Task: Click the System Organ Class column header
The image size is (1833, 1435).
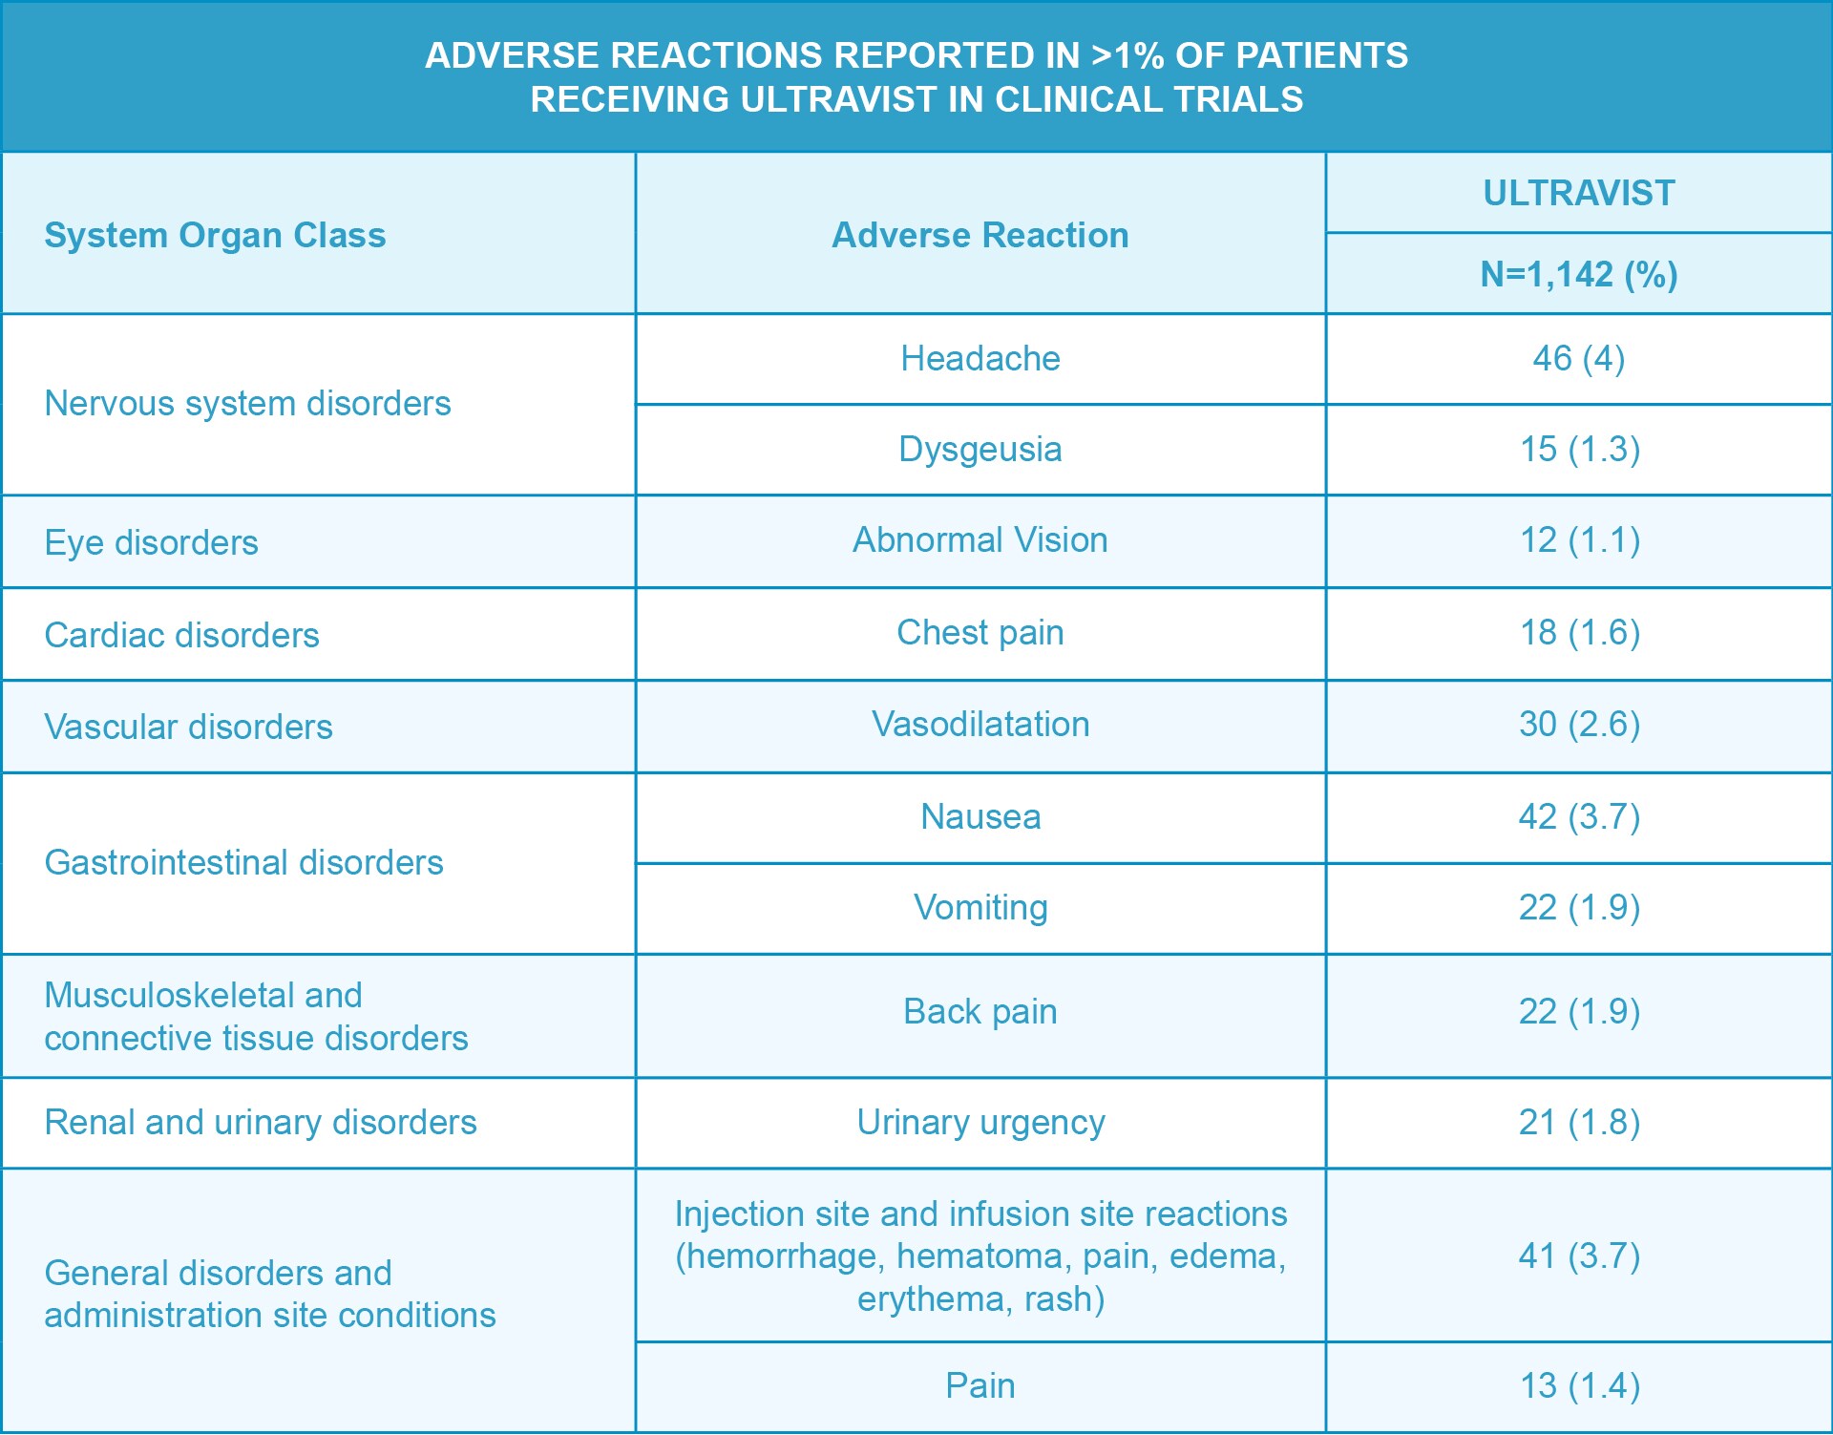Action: coord(215,235)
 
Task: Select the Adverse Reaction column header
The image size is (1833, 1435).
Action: coord(980,235)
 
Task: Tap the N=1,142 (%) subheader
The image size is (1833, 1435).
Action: coord(1578,275)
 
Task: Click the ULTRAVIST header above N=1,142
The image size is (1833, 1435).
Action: coord(1578,193)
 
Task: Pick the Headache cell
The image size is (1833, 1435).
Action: coord(980,359)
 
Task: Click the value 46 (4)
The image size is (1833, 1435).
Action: coord(1578,359)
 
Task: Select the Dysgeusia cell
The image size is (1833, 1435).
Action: coord(980,450)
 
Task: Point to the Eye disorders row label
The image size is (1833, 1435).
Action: coord(151,542)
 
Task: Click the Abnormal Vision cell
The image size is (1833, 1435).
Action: coord(980,540)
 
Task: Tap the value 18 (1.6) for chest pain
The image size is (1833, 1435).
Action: coord(1578,633)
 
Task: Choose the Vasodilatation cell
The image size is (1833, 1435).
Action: coord(980,725)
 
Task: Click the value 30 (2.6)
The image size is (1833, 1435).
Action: coord(1578,725)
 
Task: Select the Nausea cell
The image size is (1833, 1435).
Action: coord(980,817)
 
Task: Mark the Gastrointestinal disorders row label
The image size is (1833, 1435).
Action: coord(243,863)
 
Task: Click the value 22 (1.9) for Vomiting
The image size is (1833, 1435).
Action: coord(1578,908)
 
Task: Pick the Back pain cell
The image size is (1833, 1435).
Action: coord(980,1012)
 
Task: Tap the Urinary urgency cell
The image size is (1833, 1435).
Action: coord(980,1123)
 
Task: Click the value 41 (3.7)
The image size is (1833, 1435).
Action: coord(1578,1256)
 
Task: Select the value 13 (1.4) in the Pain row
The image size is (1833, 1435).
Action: coord(1578,1386)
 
